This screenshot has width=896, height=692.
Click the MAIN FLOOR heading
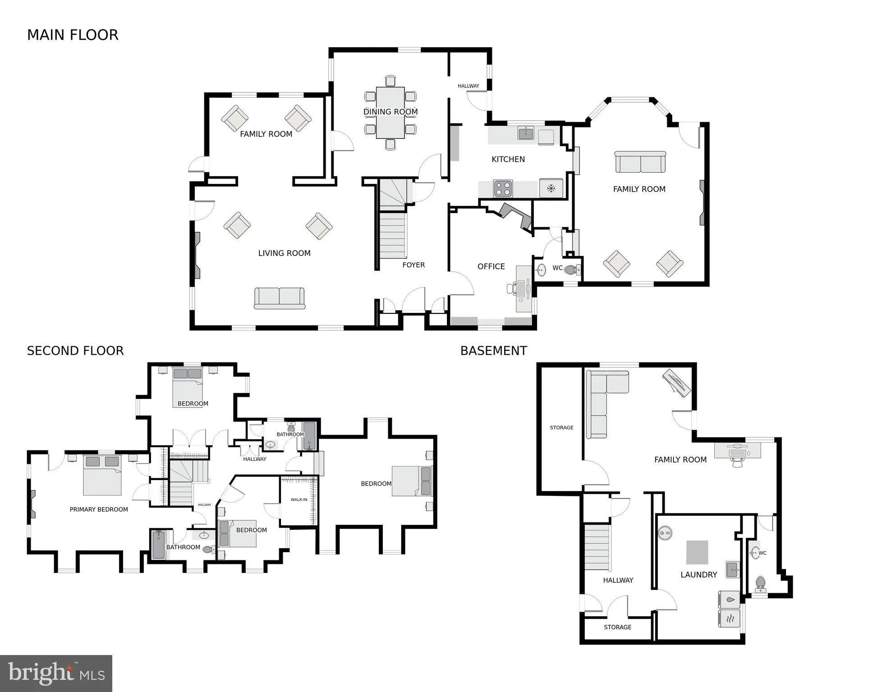click(73, 35)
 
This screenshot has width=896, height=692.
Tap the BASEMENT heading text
click(493, 351)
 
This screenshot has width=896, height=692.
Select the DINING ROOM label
click(391, 112)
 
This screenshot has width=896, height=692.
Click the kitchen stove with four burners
click(503, 188)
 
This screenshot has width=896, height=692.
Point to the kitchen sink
click(525, 133)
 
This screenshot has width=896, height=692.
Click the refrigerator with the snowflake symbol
click(551, 188)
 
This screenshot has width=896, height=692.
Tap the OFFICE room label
click(491, 266)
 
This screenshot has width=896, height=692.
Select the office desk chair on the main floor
click(512, 288)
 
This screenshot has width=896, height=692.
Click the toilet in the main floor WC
click(572, 270)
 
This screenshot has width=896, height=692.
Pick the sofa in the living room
click(280, 298)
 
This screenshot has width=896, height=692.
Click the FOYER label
click(414, 265)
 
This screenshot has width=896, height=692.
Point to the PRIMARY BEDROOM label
click(99, 509)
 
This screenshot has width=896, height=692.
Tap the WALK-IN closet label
click(299, 500)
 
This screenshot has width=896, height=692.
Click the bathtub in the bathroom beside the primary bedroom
click(158, 545)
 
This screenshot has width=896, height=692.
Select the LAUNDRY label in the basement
click(698, 575)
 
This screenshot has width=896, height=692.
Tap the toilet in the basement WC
click(760, 584)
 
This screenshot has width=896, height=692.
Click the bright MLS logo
click(56, 674)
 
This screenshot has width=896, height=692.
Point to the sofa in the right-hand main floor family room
click(640, 162)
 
